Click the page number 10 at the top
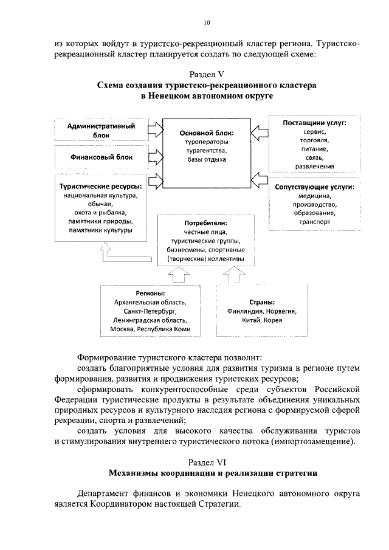pos(207,22)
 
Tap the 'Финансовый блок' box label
pos(101,157)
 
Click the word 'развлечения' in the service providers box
pos(315,166)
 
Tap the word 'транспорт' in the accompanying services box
pos(315,222)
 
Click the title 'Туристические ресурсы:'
pos(101,186)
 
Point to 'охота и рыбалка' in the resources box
pos(101,213)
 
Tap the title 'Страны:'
pos(262,301)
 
